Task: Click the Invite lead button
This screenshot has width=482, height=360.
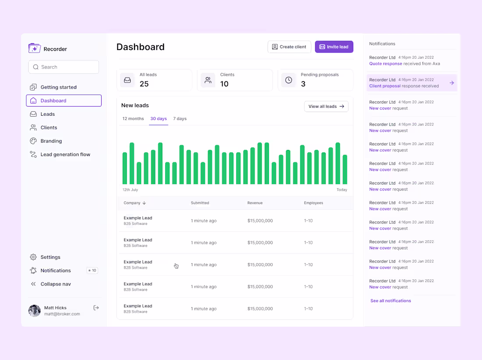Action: tap(334, 47)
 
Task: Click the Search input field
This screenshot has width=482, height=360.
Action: tap(64, 67)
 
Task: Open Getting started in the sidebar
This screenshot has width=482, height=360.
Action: tap(58, 87)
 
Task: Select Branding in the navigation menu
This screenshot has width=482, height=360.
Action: tap(51, 141)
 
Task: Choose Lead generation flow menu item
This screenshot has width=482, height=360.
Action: tap(65, 154)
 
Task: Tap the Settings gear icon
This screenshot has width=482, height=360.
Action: tap(33, 257)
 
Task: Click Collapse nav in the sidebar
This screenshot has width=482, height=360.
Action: tap(55, 284)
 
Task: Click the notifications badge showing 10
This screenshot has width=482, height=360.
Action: tap(92, 271)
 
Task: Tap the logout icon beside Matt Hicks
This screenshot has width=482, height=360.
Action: tap(96, 308)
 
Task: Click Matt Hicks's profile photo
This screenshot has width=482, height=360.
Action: tap(35, 311)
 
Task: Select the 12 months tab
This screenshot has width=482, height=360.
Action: tap(133, 119)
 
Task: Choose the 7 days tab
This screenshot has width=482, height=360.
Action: tap(180, 119)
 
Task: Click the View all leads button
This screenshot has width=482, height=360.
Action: tap(326, 107)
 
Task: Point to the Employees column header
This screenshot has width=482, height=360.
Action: tap(313, 203)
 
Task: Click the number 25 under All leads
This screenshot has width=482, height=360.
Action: tap(144, 84)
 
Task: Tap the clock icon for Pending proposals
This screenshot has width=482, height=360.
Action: tap(289, 80)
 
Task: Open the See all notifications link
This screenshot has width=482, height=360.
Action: tap(390, 301)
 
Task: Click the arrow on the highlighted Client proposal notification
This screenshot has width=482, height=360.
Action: tap(452, 83)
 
